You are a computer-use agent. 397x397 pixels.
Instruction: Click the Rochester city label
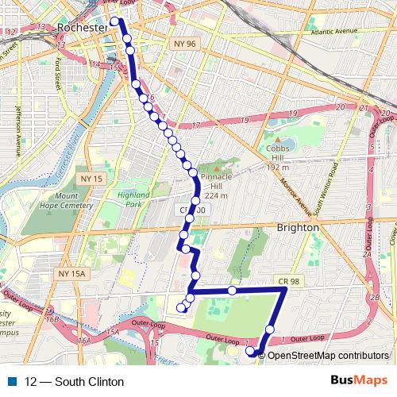tap(81, 28)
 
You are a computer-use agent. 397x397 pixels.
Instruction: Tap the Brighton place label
tap(298, 227)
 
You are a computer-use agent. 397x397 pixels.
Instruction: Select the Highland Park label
tap(133, 198)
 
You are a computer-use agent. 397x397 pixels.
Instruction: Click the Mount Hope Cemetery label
tap(78, 200)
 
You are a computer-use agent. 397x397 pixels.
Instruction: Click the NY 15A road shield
tap(71, 273)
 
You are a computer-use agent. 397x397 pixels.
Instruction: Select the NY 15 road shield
tap(93, 179)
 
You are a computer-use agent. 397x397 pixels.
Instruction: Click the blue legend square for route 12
tap(12, 381)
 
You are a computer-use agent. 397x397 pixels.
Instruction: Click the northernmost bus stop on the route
tap(115, 22)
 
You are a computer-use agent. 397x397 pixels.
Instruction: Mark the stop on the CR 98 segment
tap(232, 291)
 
